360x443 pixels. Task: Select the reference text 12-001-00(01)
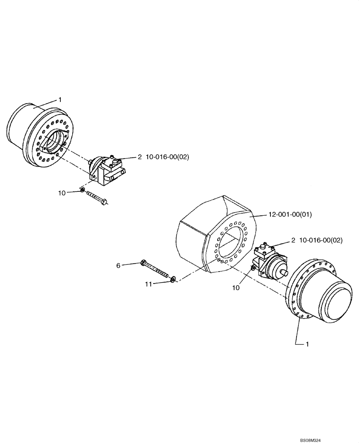click(290, 214)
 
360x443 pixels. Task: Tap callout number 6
click(118, 265)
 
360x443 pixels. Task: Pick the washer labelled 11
click(173, 279)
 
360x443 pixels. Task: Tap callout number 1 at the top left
click(60, 100)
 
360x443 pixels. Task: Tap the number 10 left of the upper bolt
click(62, 193)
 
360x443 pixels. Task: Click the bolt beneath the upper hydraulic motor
click(97, 197)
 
